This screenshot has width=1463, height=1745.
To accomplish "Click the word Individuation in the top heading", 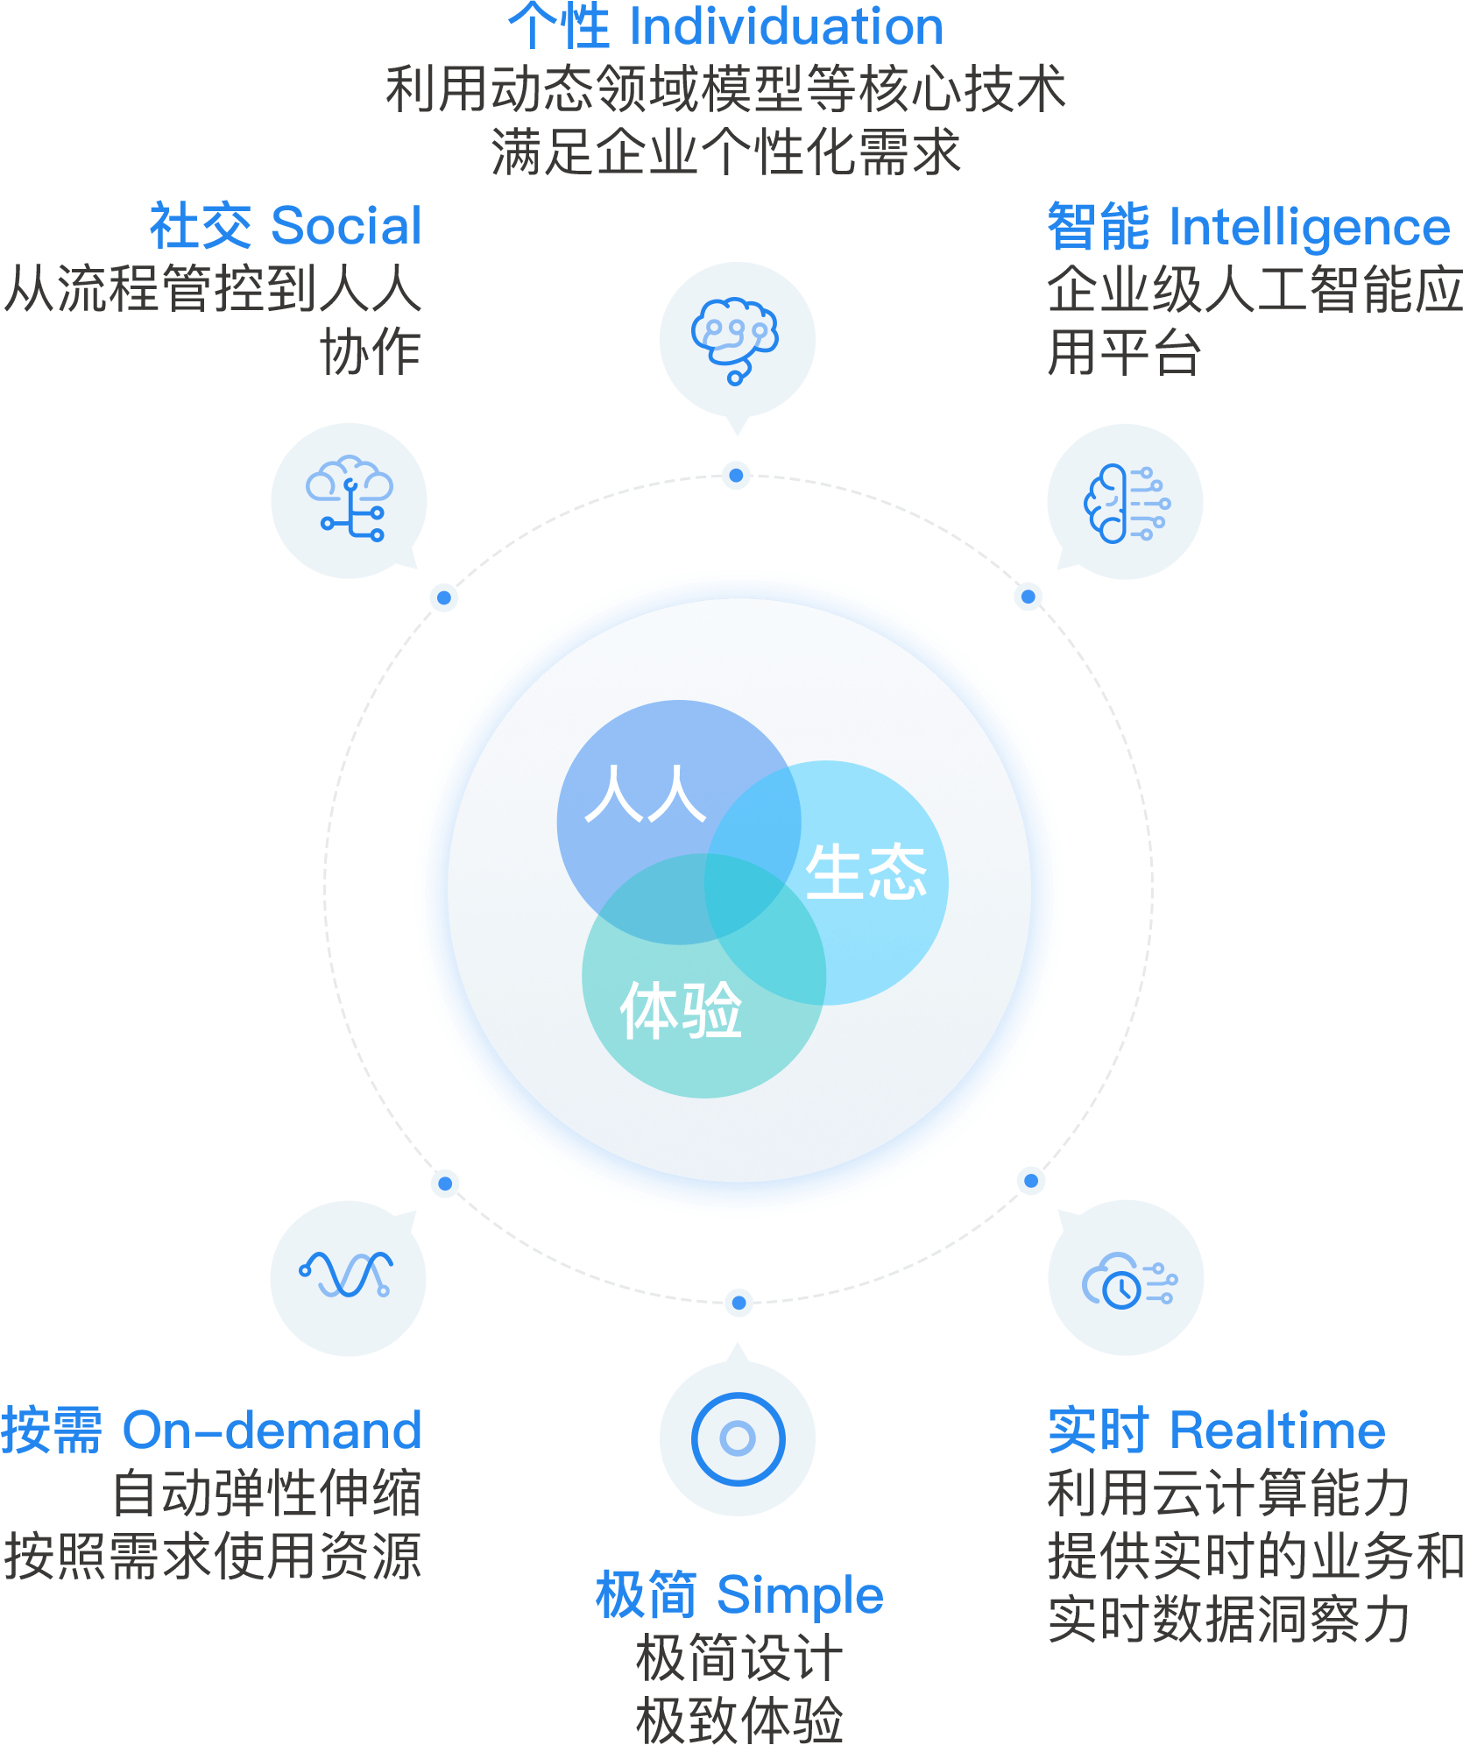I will coord(786,26).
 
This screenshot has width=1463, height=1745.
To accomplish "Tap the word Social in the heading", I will coord(347,226).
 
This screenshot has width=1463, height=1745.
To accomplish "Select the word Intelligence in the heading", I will coord(1309,227).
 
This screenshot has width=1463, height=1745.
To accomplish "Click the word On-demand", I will coord(272,1430).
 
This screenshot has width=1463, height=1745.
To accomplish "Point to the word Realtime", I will coord(1277,1430).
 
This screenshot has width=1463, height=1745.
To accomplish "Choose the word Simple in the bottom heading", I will coord(800,1594).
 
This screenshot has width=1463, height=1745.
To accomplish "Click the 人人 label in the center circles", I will coord(645,795).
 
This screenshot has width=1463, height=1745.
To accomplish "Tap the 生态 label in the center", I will coord(866,872).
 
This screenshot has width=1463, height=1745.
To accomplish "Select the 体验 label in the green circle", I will coord(681,1011).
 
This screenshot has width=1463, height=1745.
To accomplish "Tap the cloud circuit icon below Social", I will coord(349,499).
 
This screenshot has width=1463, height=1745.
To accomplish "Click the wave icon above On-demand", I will coord(347,1275).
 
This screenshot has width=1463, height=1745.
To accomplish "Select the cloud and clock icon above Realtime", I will coord(1127,1280).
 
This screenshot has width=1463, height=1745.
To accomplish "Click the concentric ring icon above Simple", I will coord(738,1438).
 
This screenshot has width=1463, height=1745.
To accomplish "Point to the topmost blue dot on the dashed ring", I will coord(737,476).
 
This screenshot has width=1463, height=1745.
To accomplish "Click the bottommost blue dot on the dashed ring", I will coord(739,1303).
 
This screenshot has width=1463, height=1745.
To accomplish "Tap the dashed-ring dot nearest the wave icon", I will coord(445,1183).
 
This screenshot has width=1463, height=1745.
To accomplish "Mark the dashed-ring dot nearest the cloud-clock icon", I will coord(1031,1181).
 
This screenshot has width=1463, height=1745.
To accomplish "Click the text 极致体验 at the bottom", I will coord(739,1719).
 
